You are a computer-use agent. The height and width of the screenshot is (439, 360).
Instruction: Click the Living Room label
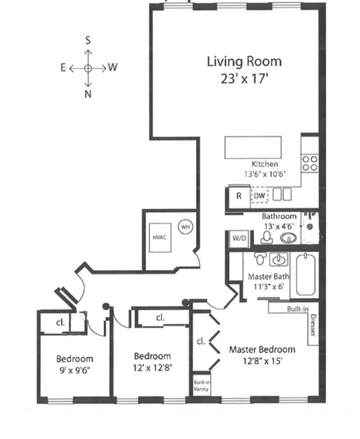244,62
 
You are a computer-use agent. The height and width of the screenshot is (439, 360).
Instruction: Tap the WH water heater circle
185,227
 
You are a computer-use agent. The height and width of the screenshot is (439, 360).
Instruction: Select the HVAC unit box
160,237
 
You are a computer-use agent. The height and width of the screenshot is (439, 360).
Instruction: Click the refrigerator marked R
238,196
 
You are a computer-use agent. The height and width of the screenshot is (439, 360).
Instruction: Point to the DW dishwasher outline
259,195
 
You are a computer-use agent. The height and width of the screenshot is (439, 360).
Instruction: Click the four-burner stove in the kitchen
310,163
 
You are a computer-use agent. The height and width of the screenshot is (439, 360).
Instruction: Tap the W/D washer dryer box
239,238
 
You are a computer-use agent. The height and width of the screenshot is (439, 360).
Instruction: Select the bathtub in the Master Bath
306,274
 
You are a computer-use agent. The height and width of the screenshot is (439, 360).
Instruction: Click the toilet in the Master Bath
260,258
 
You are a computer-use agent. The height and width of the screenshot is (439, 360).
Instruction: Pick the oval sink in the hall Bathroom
288,238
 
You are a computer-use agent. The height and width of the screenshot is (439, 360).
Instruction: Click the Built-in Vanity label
202,385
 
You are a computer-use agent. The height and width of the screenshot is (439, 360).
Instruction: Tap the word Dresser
313,325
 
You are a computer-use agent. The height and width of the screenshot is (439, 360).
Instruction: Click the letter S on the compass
88,40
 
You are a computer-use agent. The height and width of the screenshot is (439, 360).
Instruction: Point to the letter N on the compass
88,94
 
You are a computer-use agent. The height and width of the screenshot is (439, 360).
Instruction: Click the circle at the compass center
88,68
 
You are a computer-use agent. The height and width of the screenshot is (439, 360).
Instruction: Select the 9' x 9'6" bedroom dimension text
75,371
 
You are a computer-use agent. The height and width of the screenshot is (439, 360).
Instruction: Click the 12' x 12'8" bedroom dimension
153,367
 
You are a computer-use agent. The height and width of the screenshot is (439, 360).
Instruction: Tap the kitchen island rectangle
253,147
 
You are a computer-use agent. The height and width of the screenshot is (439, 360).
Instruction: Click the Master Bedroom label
262,349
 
